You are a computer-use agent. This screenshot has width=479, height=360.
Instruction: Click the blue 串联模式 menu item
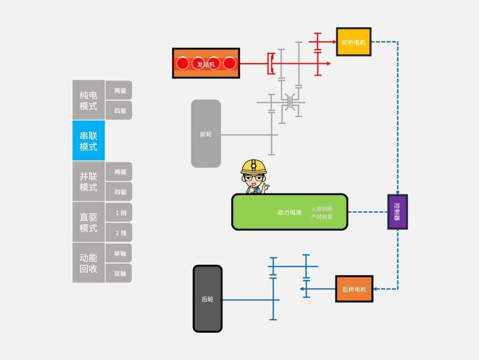coord(88,141)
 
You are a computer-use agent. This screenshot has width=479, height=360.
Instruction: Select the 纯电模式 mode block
coord(88,100)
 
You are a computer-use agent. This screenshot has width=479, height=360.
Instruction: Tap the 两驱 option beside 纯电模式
coord(119,91)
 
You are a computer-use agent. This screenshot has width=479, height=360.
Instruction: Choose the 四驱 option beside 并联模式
coord(119,192)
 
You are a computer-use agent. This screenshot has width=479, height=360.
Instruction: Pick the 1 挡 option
coord(119,213)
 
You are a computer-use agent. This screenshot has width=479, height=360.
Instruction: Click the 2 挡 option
coord(119,233)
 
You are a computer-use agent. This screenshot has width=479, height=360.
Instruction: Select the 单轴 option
coord(119,253)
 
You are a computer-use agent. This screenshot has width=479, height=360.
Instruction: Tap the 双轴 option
coord(119,273)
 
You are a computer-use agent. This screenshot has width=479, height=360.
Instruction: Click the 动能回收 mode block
coord(88,263)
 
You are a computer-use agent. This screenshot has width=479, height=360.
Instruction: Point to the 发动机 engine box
coord(206,63)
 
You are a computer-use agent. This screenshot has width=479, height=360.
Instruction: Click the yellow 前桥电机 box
coord(354,42)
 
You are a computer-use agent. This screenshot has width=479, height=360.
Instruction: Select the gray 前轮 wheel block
coord(206,134)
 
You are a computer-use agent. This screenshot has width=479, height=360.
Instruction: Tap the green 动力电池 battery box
coord(290,212)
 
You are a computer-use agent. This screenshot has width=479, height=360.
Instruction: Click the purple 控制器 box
coord(397,212)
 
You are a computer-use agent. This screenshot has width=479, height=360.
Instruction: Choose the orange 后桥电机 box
coord(354,289)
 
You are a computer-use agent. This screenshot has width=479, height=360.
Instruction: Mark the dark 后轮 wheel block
coord(208,299)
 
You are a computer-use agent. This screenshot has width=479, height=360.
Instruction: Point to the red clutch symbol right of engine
coord(271,63)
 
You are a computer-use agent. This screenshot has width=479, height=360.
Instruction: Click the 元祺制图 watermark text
coord(322,209)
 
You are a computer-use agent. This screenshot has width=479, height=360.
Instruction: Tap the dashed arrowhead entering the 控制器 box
coord(397,192)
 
